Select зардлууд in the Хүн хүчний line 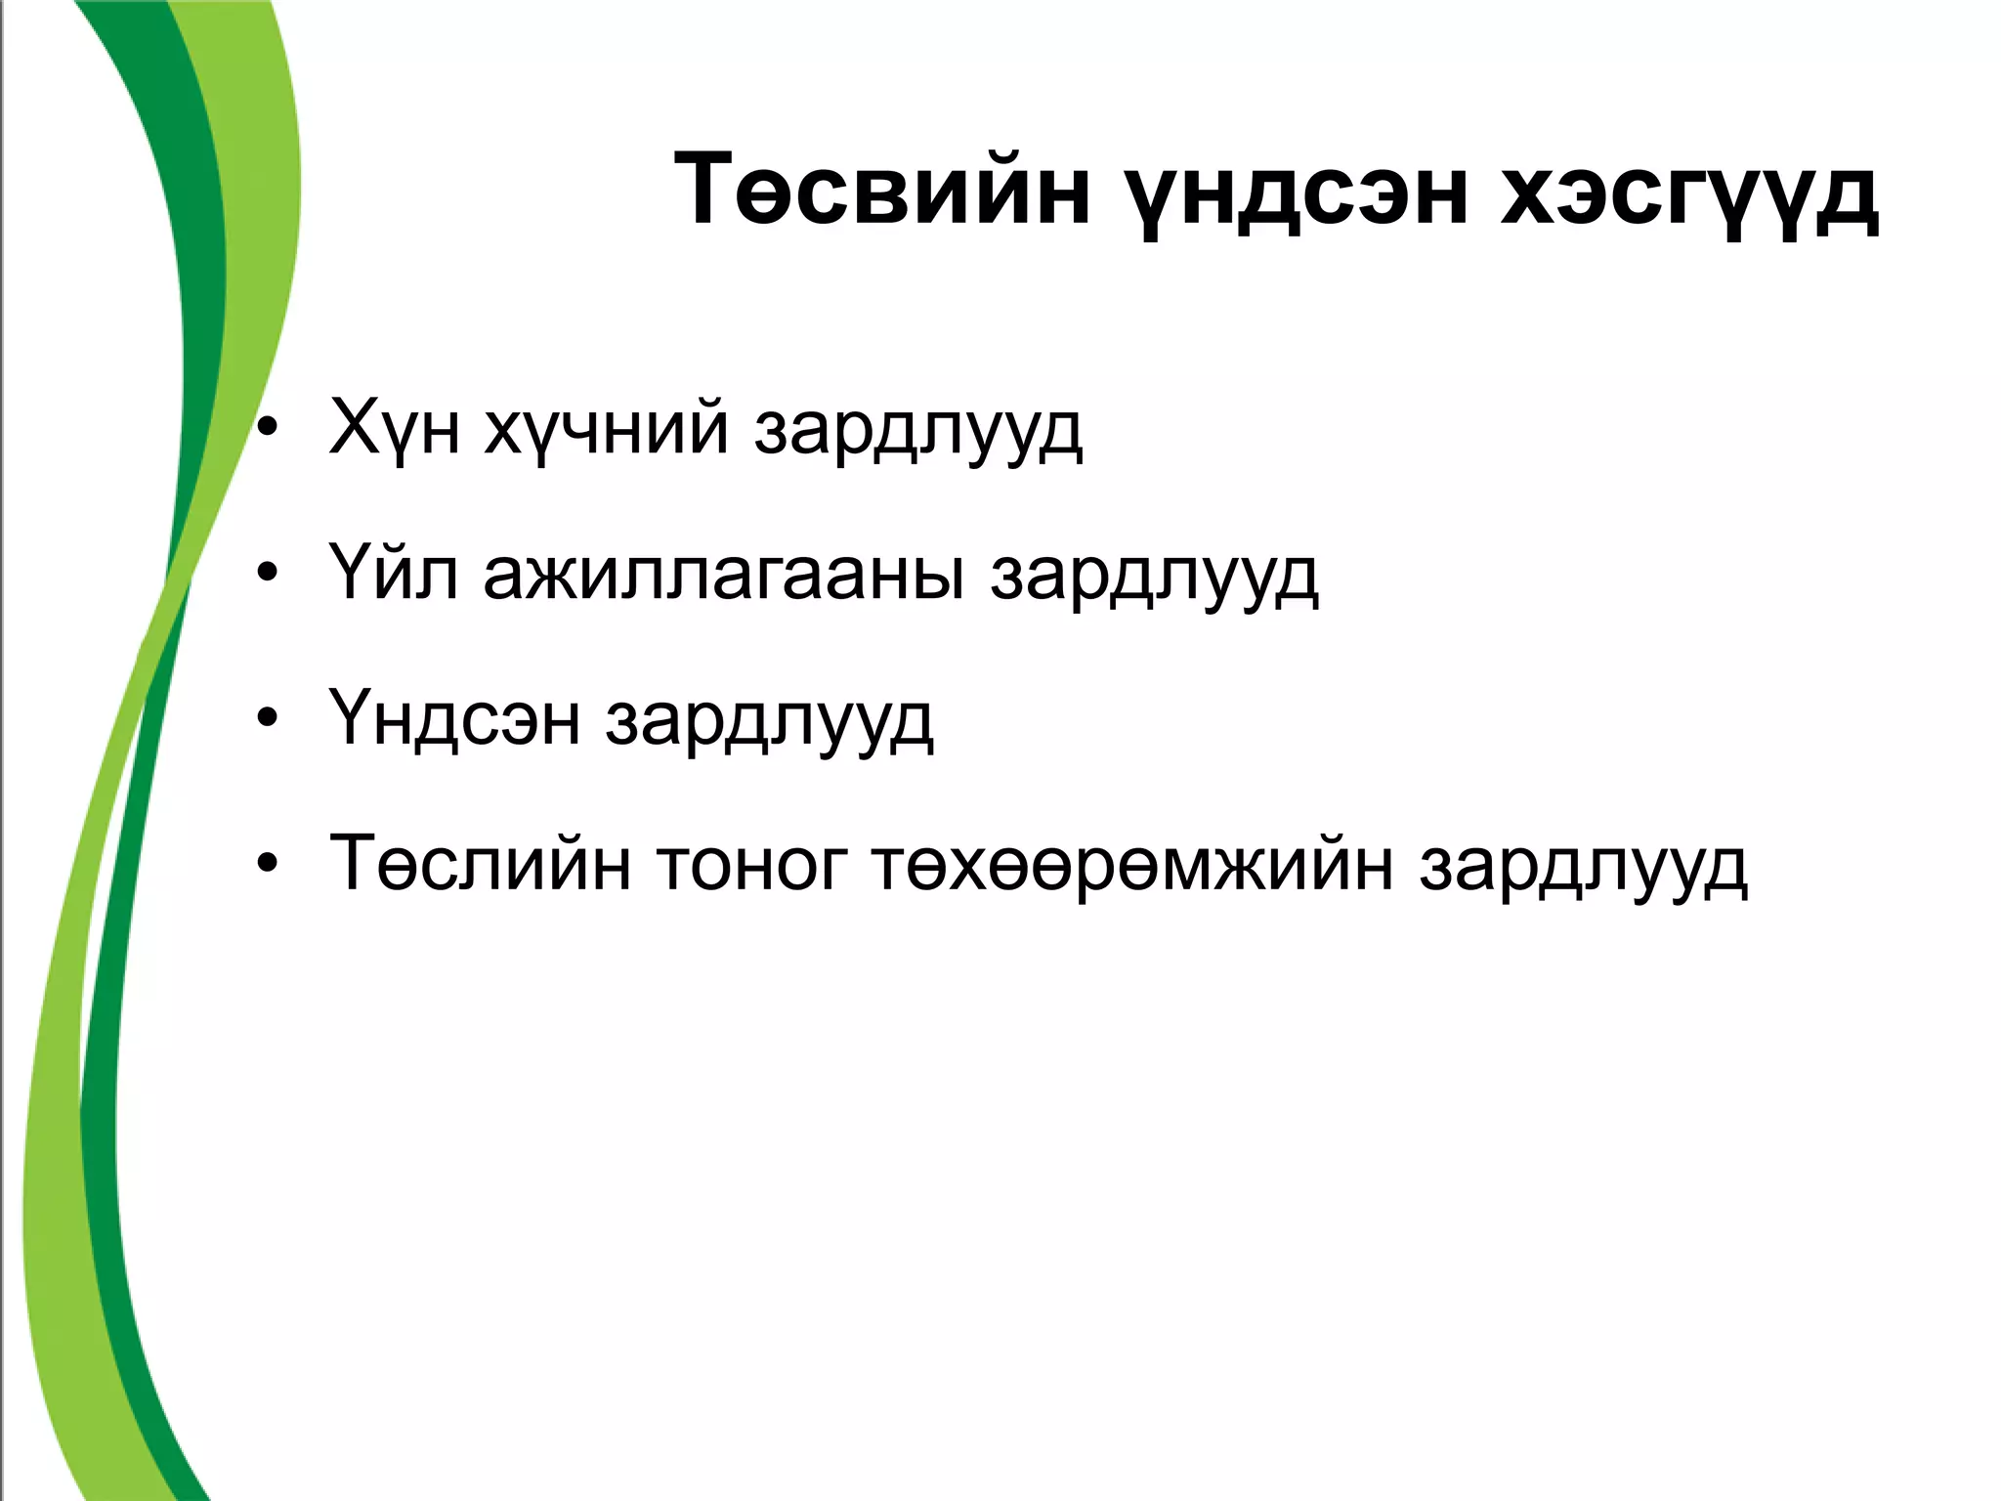(918, 430)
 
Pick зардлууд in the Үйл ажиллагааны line (1154, 576)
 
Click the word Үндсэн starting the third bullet (455, 720)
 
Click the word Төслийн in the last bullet (480, 864)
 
